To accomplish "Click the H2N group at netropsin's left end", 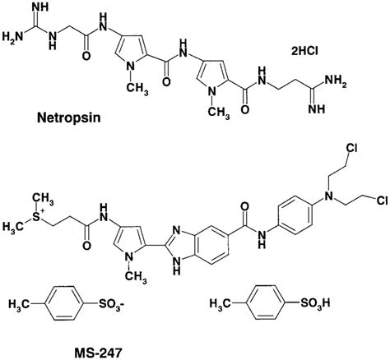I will click(14, 37).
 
